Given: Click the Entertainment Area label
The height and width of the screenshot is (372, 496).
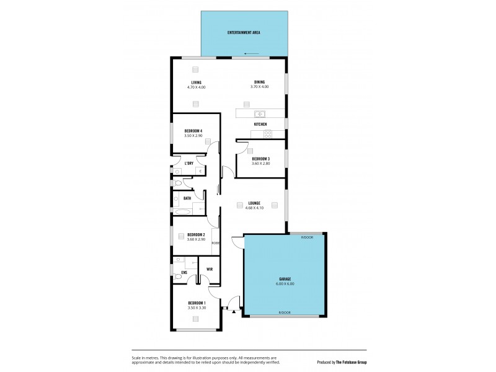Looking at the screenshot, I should point(244,32).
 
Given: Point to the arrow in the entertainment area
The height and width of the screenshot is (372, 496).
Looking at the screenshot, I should point(251,53).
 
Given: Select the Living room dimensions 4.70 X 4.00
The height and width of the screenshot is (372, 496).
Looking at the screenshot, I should point(196,87).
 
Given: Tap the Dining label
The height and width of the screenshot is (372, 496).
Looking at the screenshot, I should point(259,82).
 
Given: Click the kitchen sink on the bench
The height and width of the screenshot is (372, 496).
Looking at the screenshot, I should point(260,113).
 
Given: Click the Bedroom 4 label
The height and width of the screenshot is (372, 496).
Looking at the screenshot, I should point(193,130).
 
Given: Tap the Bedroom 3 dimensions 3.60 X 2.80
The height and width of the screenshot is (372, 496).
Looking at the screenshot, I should point(260,164).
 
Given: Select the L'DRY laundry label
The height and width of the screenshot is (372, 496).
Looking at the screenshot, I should point(189,163).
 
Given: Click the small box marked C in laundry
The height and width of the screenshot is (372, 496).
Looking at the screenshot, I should point(201,170).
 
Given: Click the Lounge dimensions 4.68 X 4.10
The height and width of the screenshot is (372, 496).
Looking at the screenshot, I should point(254,208).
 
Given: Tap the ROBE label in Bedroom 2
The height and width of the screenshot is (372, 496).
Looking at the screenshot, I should point(215,243).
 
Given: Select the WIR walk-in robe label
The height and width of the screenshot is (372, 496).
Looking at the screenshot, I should point(210,269).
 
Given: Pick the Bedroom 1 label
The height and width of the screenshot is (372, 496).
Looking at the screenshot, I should point(196,303).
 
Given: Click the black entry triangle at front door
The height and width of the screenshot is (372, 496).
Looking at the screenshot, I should point(233,312).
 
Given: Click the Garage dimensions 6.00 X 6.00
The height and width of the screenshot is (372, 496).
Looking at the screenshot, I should point(285,284).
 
